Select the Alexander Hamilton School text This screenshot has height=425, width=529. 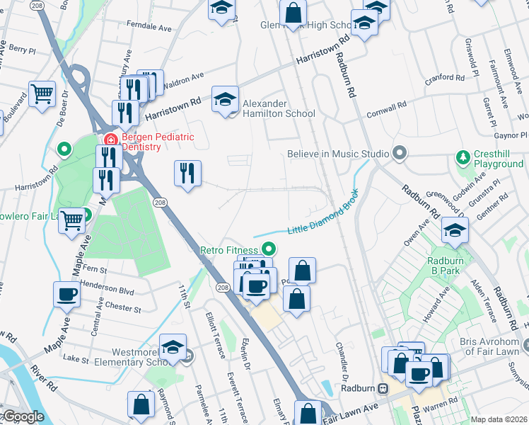tap(279, 108)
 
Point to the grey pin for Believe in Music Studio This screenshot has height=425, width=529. tap(400, 154)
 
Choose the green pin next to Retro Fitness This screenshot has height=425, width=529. tap(268, 249)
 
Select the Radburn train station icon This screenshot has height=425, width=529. tap(383, 387)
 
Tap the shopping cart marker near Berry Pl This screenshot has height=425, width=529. tap(42, 92)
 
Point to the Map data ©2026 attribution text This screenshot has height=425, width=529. tap(499, 419)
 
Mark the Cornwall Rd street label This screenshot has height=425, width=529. tap(385, 110)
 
